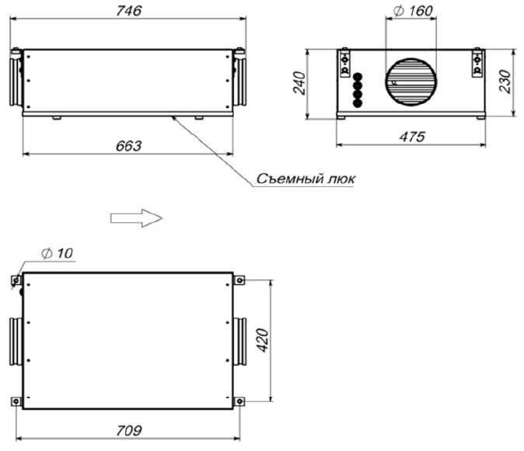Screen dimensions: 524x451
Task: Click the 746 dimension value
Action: pos(128,11)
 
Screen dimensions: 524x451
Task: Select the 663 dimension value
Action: pos(128,146)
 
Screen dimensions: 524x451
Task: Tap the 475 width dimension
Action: pos(412,137)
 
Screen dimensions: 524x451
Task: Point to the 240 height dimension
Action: pos(299,83)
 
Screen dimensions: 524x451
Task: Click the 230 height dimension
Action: pos(505,82)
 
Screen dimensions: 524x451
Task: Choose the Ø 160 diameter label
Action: pos(413,11)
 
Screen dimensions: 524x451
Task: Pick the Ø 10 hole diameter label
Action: pos(57,254)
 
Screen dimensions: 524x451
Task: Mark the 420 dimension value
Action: pos(263,340)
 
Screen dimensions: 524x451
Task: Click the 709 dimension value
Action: pos(129,431)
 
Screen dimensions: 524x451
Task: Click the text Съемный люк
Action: pos(306,179)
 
